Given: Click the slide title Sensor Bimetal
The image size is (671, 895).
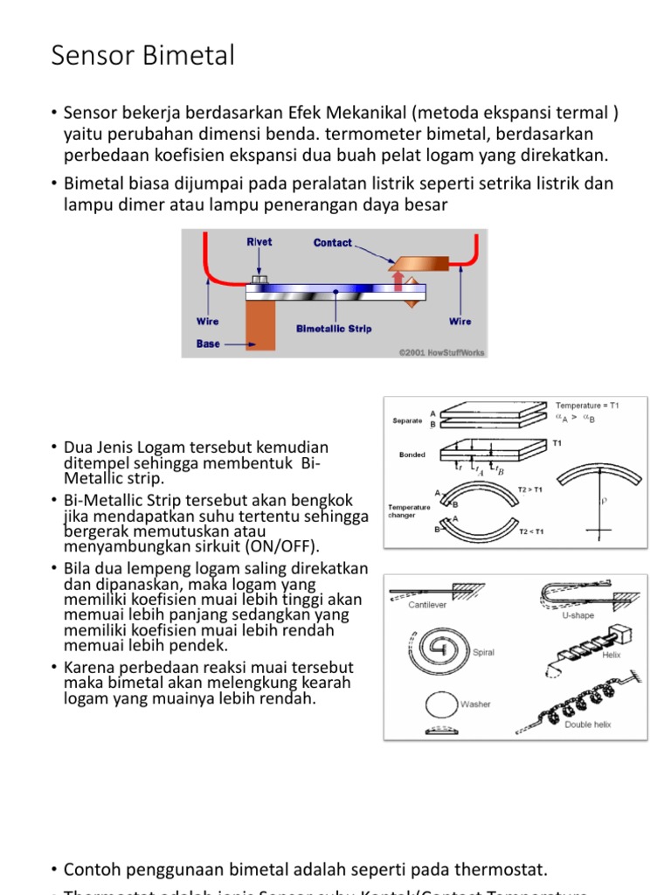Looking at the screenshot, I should tap(143, 56).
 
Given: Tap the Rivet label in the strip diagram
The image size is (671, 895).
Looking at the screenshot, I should tap(259, 242).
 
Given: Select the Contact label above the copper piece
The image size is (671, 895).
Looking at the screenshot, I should tap(333, 243).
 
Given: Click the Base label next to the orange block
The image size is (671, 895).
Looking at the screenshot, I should tap(208, 343).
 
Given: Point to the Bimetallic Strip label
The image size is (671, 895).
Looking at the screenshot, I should tap(335, 329).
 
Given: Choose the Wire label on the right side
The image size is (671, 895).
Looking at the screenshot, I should tap(460, 321).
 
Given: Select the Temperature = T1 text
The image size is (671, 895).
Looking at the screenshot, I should tap(587, 406).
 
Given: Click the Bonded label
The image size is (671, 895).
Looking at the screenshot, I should tap(412, 455).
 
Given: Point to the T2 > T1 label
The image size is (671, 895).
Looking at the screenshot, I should tap(529, 489).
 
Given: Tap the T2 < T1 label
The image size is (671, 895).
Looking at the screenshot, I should tap(530, 531).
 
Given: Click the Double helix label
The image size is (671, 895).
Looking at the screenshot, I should tap(587, 725).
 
